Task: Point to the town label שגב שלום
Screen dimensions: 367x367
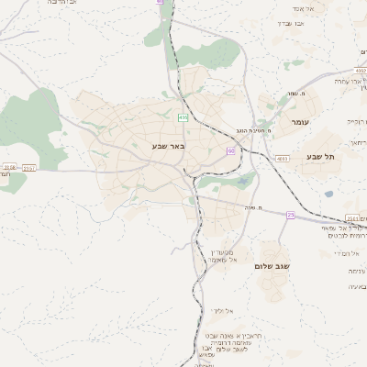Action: click(272, 265)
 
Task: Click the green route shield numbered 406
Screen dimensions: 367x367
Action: click(183, 117)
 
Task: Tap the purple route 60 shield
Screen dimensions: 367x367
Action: click(231, 150)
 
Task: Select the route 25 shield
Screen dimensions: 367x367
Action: click(291, 215)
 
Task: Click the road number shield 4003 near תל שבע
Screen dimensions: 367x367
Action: click(282, 159)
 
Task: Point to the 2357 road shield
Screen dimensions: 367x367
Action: click(29, 168)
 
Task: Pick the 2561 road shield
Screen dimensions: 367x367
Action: click(352, 217)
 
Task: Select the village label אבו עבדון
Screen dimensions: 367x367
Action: click(290, 23)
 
